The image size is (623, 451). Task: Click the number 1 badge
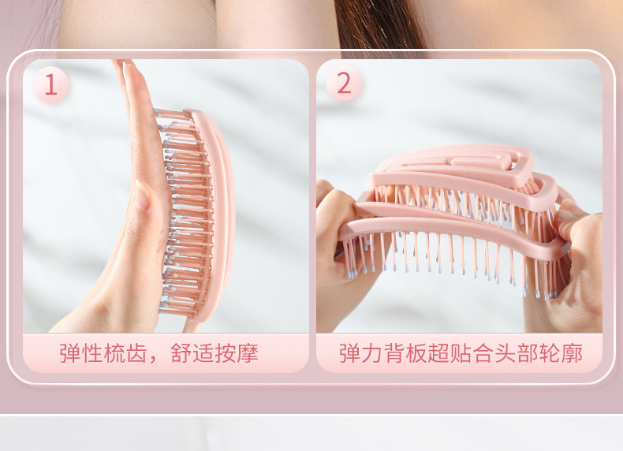pos(50,84)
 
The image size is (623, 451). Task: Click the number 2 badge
pos(344,83)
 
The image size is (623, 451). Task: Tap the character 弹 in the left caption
pos(70,353)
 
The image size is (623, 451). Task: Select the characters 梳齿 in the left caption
pos(125,353)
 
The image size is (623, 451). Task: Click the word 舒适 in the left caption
pos(192,353)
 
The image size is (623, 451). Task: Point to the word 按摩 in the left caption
pos(237,353)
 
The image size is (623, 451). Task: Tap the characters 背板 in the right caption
pos(405,353)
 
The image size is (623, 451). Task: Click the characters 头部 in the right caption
pos(517,353)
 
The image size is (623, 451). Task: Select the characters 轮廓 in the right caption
pos(561,353)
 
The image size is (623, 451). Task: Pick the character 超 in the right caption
pos(438,353)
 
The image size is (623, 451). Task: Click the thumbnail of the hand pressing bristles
pos(166,196)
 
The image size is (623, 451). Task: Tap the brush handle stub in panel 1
pos(191,326)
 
